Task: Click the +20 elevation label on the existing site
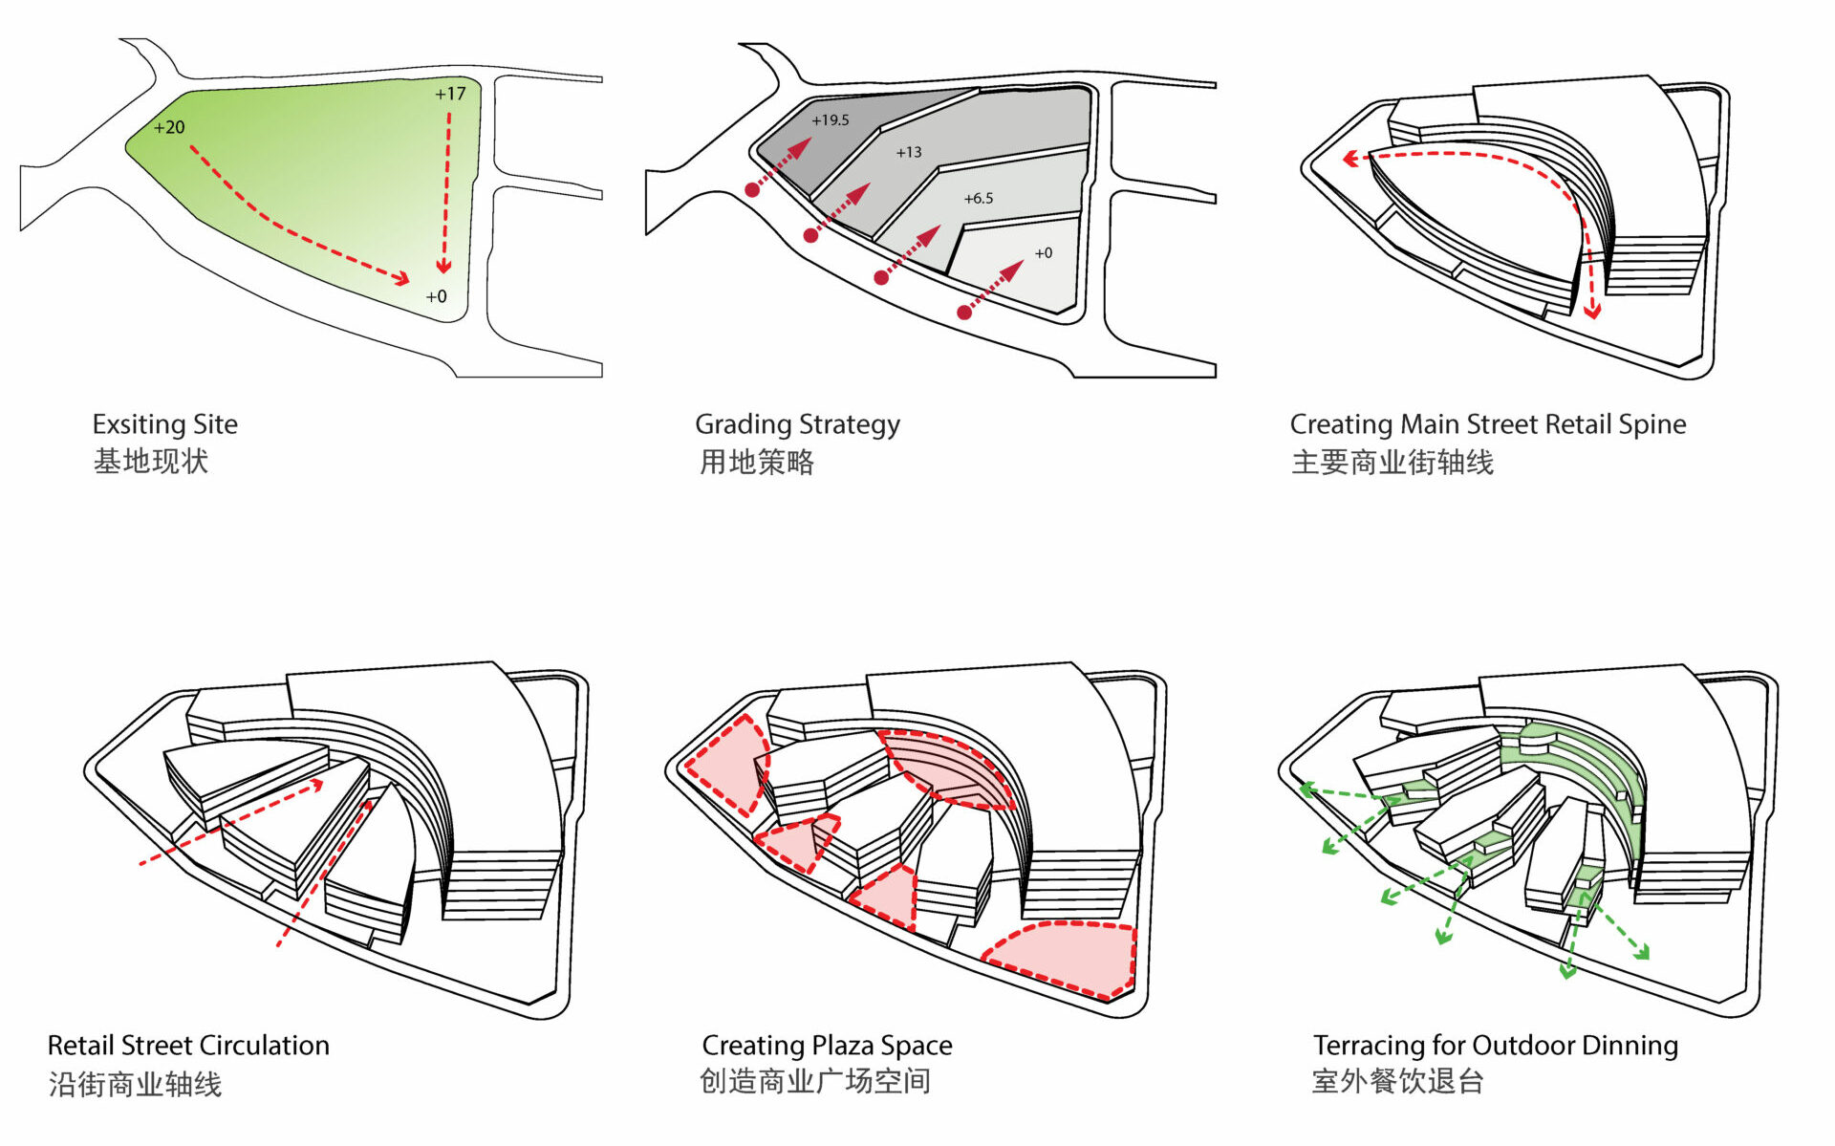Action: tap(169, 127)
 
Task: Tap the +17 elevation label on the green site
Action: tap(450, 94)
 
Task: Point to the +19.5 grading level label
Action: tap(830, 120)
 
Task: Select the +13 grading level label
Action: tap(908, 152)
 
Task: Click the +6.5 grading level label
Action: tap(978, 199)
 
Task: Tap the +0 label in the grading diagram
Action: tap(1043, 253)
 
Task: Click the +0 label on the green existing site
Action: tap(436, 296)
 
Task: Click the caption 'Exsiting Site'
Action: tap(164, 424)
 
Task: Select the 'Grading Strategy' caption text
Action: tap(797, 424)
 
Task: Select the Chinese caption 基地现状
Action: tap(151, 462)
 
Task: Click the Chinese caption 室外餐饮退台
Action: tap(1397, 1082)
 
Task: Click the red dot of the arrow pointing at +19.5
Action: tap(752, 190)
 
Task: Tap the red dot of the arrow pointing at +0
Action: tap(964, 313)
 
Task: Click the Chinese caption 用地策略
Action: tap(756, 463)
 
